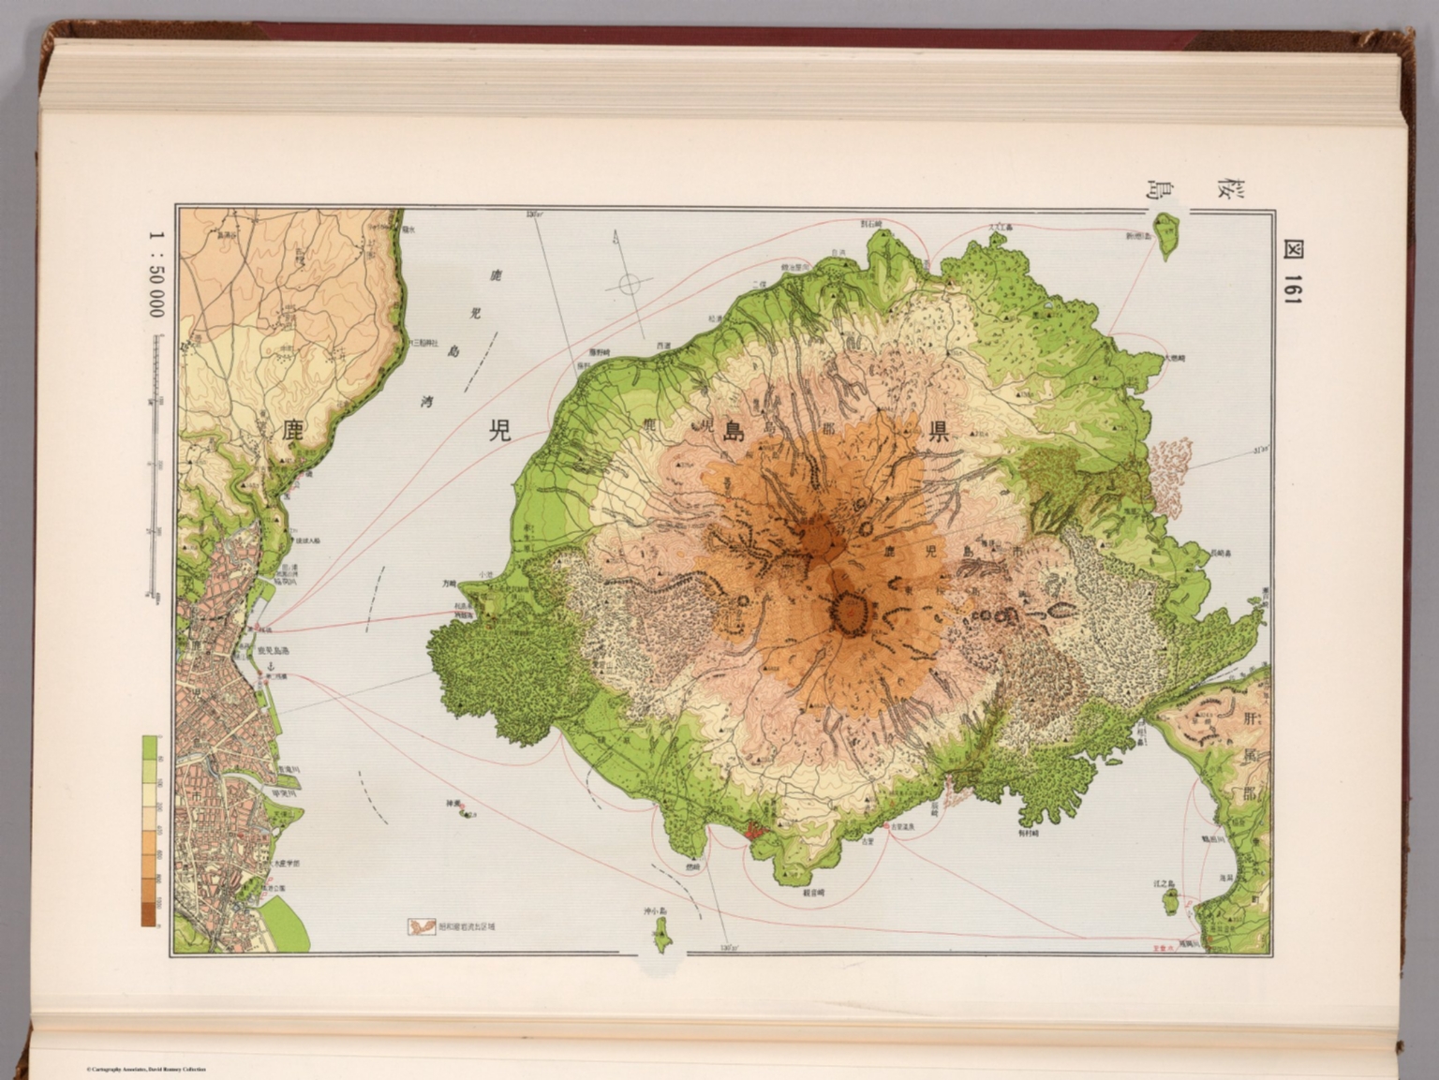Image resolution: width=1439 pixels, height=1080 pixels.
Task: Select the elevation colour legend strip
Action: point(149,830)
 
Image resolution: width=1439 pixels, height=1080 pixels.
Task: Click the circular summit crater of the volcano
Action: point(850,614)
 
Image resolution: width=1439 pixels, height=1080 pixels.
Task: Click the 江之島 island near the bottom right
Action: point(1170,900)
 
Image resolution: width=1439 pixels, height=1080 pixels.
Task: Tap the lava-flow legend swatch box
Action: point(419,926)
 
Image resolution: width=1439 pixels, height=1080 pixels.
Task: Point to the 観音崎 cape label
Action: point(812,893)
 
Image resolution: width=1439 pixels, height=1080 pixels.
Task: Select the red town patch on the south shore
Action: point(756,829)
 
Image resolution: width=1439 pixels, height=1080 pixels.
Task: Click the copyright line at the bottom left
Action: point(145,1069)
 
